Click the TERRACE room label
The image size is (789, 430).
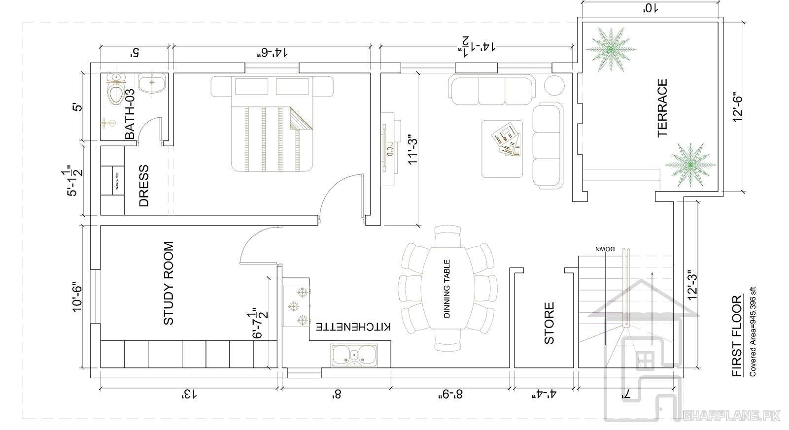(662, 108)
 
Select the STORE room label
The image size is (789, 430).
(549, 323)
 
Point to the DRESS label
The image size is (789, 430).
(143, 185)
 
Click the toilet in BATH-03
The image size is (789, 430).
(116, 93)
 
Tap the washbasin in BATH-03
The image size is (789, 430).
(151, 83)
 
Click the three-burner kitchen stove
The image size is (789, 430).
(297, 306)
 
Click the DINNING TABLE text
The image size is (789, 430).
(447, 289)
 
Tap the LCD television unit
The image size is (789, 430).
(388, 148)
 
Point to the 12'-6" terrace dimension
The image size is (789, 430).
(738, 107)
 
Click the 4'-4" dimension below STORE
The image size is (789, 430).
(544, 394)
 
